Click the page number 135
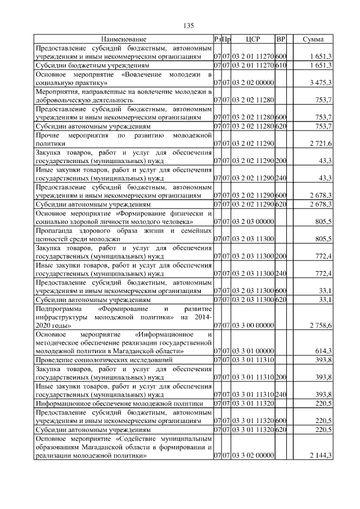point(188,26)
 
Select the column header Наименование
point(124,39)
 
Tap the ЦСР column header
point(252,39)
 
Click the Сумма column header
point(313,39)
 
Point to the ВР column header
point(281,39)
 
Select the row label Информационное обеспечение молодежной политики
point(119,403)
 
